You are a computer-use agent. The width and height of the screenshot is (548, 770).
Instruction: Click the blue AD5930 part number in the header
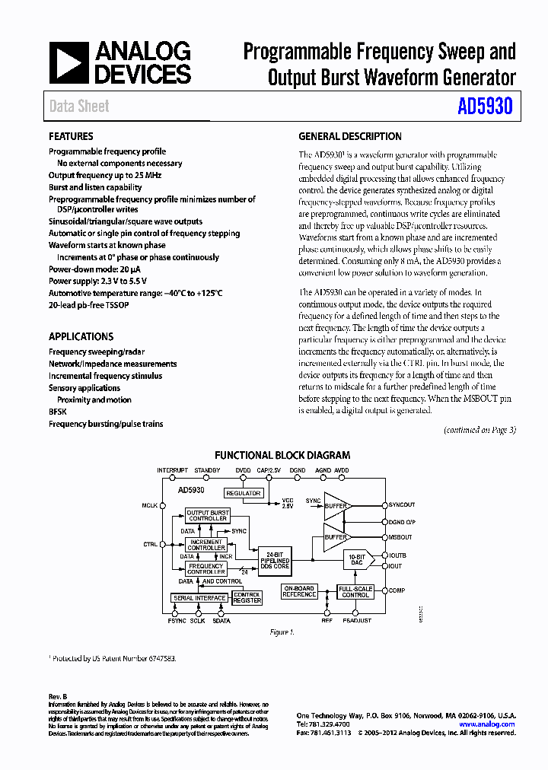point(485,107)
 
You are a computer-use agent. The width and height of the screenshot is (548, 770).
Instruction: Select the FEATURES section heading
point(71,137)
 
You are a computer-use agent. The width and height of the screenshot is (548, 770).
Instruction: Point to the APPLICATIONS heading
point(81,336)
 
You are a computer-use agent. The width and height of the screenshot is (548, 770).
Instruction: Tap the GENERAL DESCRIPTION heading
point(350,137)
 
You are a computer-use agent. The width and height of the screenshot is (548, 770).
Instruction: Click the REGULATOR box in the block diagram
point(244,493)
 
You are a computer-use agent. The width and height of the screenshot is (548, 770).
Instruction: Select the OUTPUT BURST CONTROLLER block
point(208,516)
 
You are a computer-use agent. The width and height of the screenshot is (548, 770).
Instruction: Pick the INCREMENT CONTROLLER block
point(206,545)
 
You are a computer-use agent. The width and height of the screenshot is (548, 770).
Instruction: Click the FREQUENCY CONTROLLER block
point(206,568)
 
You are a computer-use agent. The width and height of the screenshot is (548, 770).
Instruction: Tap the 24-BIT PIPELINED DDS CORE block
point(274,560)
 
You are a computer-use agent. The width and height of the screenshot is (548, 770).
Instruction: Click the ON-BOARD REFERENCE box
point(299,591)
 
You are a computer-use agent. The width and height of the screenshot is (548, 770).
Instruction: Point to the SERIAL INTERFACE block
point(199,598)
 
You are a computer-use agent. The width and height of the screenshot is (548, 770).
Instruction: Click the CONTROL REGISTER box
point(247,597)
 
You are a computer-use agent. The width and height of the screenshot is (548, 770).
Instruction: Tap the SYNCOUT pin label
point(402,505)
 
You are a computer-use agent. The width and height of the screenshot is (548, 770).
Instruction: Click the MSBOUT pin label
point(400,537)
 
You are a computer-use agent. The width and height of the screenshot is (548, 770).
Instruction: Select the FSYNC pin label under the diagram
point(177,621)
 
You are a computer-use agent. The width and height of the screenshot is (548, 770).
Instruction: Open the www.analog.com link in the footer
point(487,724)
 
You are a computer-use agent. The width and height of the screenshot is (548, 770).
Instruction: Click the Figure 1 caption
point(282,632)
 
